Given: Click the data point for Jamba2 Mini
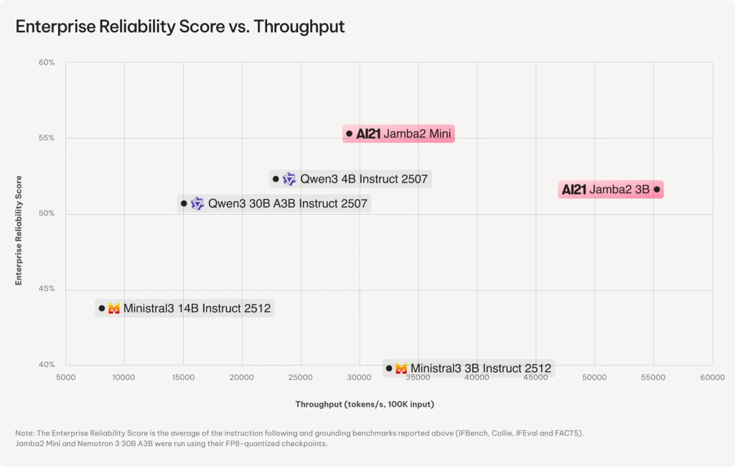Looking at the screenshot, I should (350, 134).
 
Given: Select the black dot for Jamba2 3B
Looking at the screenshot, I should (657, 190).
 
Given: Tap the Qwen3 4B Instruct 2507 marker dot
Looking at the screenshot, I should (276, 179).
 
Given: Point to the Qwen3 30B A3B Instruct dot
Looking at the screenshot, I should (184, 204).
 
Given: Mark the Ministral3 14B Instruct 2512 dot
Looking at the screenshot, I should (102, 309).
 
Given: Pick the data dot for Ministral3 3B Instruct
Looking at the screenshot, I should (389, 369).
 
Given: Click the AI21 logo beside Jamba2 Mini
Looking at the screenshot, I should (368, 134).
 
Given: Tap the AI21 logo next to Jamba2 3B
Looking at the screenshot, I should (574, 190).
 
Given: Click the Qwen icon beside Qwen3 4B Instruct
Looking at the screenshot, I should (289, 179).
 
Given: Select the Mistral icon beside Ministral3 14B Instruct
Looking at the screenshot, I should (114, 309).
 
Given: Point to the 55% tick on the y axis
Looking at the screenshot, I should (47, 138).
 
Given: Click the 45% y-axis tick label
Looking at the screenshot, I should (47, 290).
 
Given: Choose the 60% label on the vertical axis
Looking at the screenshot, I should (47, 63).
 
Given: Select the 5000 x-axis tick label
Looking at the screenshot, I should (65, 376).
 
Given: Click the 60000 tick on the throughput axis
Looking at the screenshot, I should (712, 376).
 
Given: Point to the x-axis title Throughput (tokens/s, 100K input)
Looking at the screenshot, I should (365, 404).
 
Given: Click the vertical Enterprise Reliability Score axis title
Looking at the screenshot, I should (19, 230).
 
